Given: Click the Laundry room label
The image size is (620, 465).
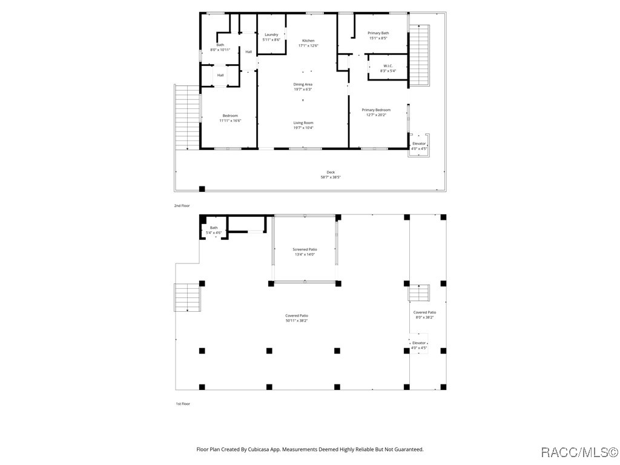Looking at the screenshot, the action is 271,37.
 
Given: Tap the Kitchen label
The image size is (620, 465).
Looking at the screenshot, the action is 308,43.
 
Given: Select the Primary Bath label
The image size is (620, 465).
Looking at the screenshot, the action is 378,36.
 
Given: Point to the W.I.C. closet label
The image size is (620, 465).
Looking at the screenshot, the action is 388,68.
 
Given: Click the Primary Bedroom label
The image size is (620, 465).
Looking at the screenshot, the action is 376,112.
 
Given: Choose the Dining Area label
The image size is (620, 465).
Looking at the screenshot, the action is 303,87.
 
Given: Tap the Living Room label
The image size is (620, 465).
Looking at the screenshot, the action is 303,125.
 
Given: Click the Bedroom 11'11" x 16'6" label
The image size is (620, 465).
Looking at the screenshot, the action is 230,118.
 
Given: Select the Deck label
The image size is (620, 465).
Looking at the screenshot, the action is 331,175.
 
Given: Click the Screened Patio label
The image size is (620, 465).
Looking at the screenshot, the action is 305,252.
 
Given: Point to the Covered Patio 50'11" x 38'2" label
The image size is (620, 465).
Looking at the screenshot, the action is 297,318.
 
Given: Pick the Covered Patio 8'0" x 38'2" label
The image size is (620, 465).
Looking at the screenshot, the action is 424,315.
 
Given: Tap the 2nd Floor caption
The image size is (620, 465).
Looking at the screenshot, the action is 182,206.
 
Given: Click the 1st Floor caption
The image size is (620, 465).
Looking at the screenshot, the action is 183,404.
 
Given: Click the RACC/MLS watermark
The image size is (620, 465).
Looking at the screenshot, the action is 579,452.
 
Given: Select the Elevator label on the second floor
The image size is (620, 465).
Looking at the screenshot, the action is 419,147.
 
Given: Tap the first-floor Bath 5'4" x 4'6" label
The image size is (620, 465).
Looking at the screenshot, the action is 214,230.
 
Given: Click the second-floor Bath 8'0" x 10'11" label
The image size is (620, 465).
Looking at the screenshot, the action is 220,47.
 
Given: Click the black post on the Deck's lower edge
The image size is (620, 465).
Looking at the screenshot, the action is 202,189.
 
